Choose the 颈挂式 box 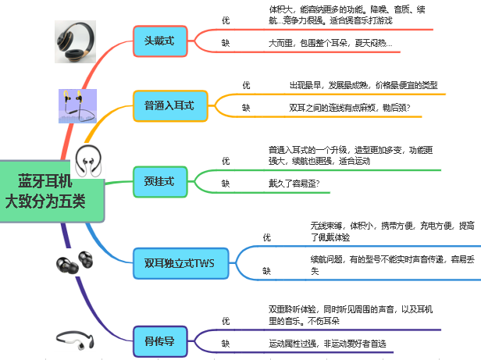[x=160, y=181]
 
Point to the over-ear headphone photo [x=76, y=41]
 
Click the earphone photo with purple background [x=77, y=105]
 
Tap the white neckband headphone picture [x=87, y=161]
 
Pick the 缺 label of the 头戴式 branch [x=226, y=43]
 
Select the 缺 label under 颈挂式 [x=226, y=184]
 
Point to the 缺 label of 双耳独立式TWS [x=267, y=272]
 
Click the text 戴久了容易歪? [x=294, y=184]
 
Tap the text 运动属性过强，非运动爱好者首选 [x=328, y=344]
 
